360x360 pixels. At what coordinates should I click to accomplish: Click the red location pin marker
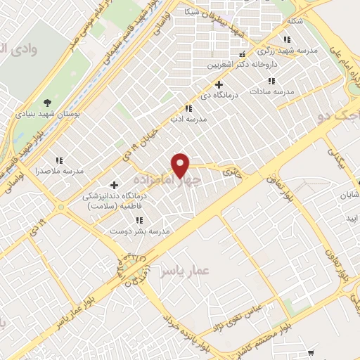(181, 165)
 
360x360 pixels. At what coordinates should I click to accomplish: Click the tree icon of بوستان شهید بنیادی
(48, 103)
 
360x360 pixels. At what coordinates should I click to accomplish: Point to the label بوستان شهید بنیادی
(49, 114)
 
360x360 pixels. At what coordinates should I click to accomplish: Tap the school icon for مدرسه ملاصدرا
(60, 160)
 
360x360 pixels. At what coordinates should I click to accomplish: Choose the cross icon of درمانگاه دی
(219, 85)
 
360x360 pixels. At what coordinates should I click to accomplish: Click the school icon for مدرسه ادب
(188, 108)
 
